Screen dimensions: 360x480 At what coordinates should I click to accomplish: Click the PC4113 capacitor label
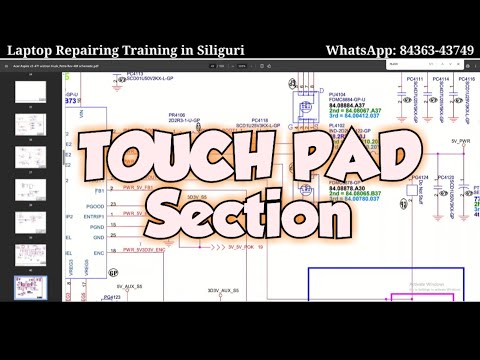[x=141, y=74]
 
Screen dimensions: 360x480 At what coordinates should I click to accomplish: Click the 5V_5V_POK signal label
[x=241, y=246]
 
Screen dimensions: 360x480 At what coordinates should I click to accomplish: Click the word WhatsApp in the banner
[x=359, y=49]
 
